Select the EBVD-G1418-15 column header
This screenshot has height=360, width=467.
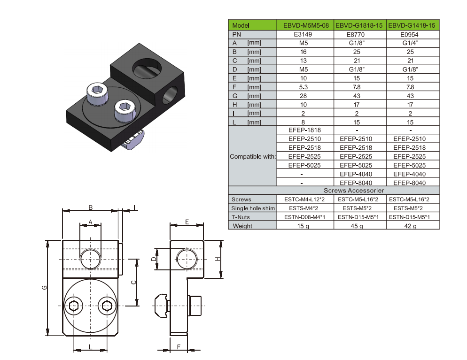413,25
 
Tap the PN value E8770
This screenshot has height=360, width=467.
359,34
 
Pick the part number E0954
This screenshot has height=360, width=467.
413,34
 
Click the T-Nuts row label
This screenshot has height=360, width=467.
241,217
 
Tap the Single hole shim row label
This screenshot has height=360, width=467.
253,208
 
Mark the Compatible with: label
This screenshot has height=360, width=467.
253,156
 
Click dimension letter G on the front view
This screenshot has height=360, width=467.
44,287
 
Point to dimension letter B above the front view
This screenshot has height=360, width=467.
91,207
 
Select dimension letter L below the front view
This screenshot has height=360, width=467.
90,346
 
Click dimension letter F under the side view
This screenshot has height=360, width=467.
179,346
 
